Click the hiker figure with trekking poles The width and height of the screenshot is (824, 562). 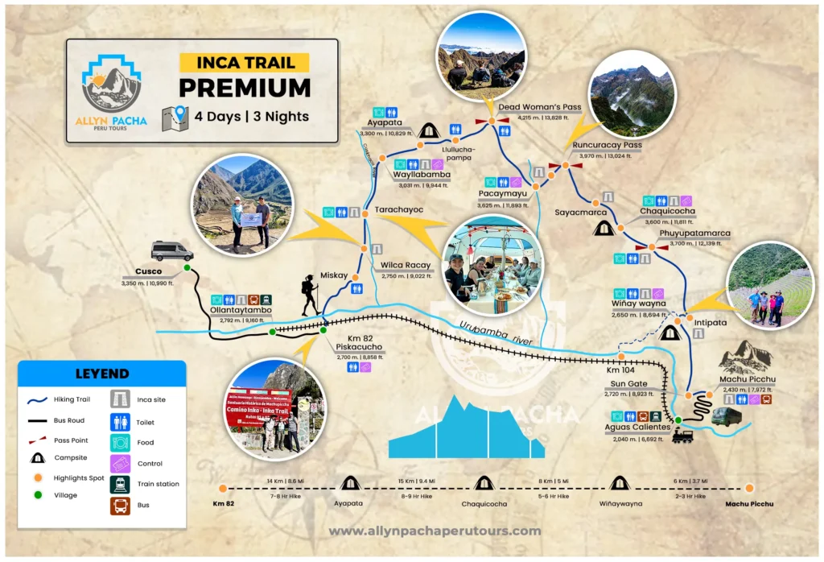click(x=311, y=295)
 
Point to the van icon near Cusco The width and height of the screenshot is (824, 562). click(x=171, y=251)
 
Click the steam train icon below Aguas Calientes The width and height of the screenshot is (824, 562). click(x=682, y=436)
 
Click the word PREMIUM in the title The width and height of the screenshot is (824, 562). click(x=244, y=88)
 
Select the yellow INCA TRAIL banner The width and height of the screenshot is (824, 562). click(x=244, y=62)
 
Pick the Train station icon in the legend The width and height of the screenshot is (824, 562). click(x=120, y=484)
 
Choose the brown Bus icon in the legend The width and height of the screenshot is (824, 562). click(x=120, y=505)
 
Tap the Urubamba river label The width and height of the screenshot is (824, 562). click(x=496, y=333)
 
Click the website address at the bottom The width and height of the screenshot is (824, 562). click(x=435, y=531)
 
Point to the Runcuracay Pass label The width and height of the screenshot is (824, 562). click(x=608, y=146)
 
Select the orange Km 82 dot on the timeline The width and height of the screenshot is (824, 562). click(x=223, y=488)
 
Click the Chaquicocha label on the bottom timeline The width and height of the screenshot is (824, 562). click(x=484, y=504)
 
